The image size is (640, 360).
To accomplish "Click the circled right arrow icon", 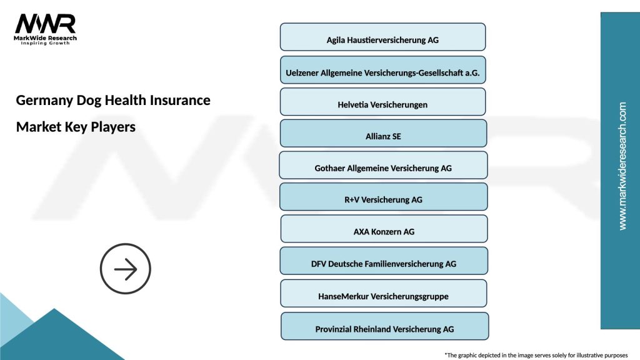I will tap(126, 269).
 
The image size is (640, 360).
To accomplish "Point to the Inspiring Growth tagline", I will tap(46, 44).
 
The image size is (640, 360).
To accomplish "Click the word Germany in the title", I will tap(43, 100).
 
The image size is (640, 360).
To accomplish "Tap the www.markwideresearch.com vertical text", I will tap(622, 166).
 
